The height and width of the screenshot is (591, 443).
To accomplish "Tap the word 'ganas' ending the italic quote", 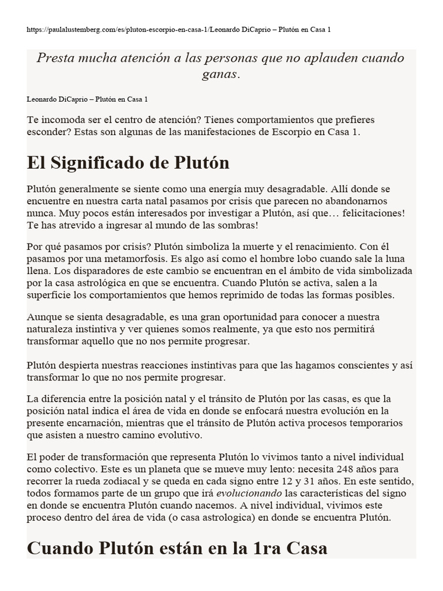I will click(x=221, y=75).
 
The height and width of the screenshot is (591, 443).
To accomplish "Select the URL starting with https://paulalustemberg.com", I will click(x=115, y=29).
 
